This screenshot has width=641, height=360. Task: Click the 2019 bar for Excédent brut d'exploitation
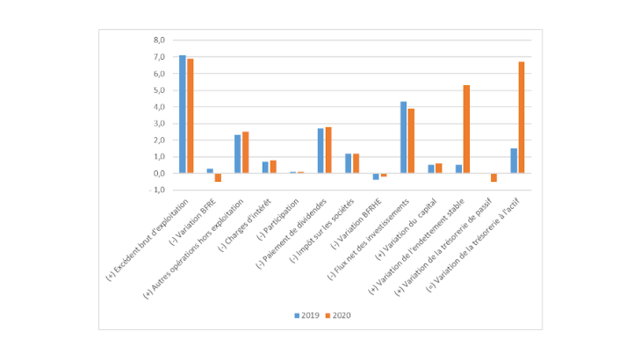(x=183, y=114)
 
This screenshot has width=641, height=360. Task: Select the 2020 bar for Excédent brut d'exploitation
(x=191, y=116)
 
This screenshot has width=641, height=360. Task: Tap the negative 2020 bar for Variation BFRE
(x=218, y=177)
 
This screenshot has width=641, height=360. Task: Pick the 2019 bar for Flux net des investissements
(x=404, y=138)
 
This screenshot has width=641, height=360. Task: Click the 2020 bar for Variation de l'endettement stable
(x=466, y=129)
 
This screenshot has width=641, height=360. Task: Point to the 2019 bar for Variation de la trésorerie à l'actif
(x=514, y=161)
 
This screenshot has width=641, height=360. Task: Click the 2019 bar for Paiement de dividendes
(x=320, y=151)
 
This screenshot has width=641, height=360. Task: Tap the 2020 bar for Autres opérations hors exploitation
(x=246, y=153)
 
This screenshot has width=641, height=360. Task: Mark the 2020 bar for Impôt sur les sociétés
(x=356, y=163)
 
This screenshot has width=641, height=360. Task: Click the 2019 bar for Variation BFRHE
(x=376, y=176)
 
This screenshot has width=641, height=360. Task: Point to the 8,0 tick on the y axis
(x=159, y=40)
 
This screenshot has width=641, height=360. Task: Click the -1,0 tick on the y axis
(x=158, y=190)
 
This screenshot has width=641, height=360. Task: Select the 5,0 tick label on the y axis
(x=159, y=90)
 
